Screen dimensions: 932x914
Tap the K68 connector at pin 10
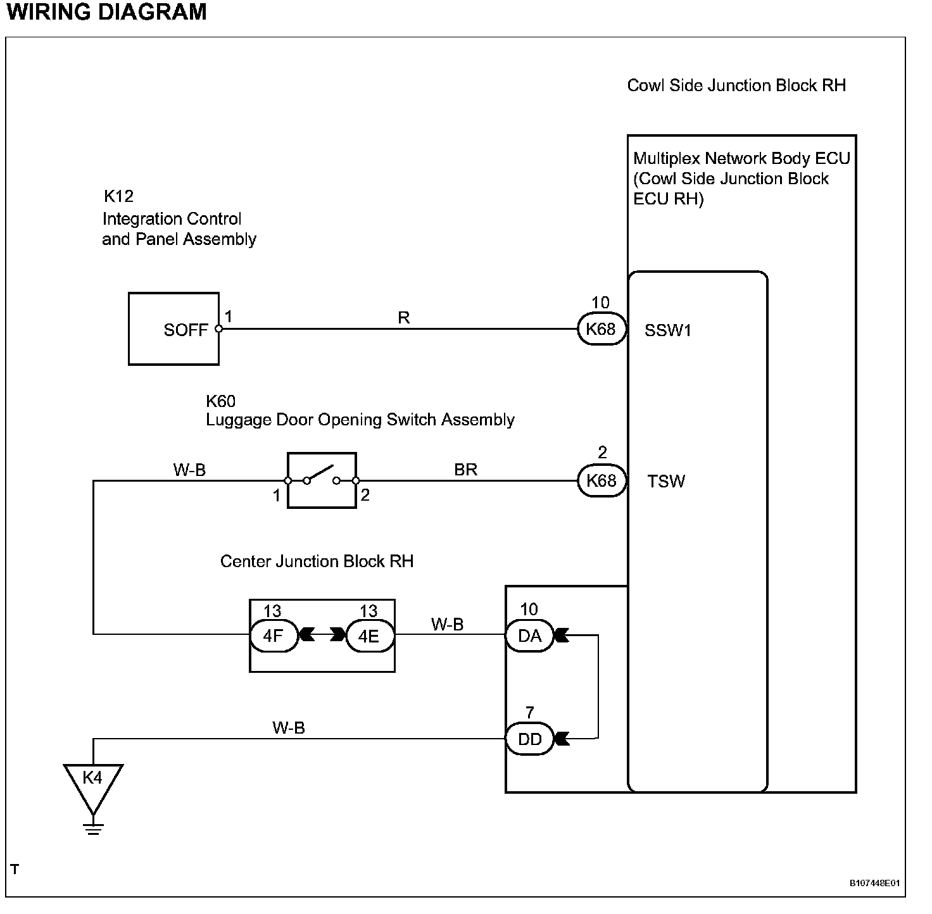[601, 329]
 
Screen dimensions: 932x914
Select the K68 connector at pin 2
[601, 480]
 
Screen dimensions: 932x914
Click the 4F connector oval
[274, 635]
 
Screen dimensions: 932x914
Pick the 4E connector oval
[370, 635]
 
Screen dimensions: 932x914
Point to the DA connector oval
[529, 635]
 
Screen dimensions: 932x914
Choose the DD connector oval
[529, 739]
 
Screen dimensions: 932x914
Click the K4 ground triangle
[93, 788]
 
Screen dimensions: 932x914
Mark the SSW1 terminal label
[668, 330]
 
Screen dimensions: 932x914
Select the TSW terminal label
[666, 481]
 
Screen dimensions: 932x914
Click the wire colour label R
[404, 317]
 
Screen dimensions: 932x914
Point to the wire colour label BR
[466, 469]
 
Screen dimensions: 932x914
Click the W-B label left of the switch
[189, 470]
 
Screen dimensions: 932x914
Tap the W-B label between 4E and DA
[448, 624]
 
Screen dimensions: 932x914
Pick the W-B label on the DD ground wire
[289, 727]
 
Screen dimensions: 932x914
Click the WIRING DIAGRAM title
[107, 11]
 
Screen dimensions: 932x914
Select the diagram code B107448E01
[874, 883]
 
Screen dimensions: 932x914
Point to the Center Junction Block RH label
[317, 561]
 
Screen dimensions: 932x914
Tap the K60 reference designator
[220, 401]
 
